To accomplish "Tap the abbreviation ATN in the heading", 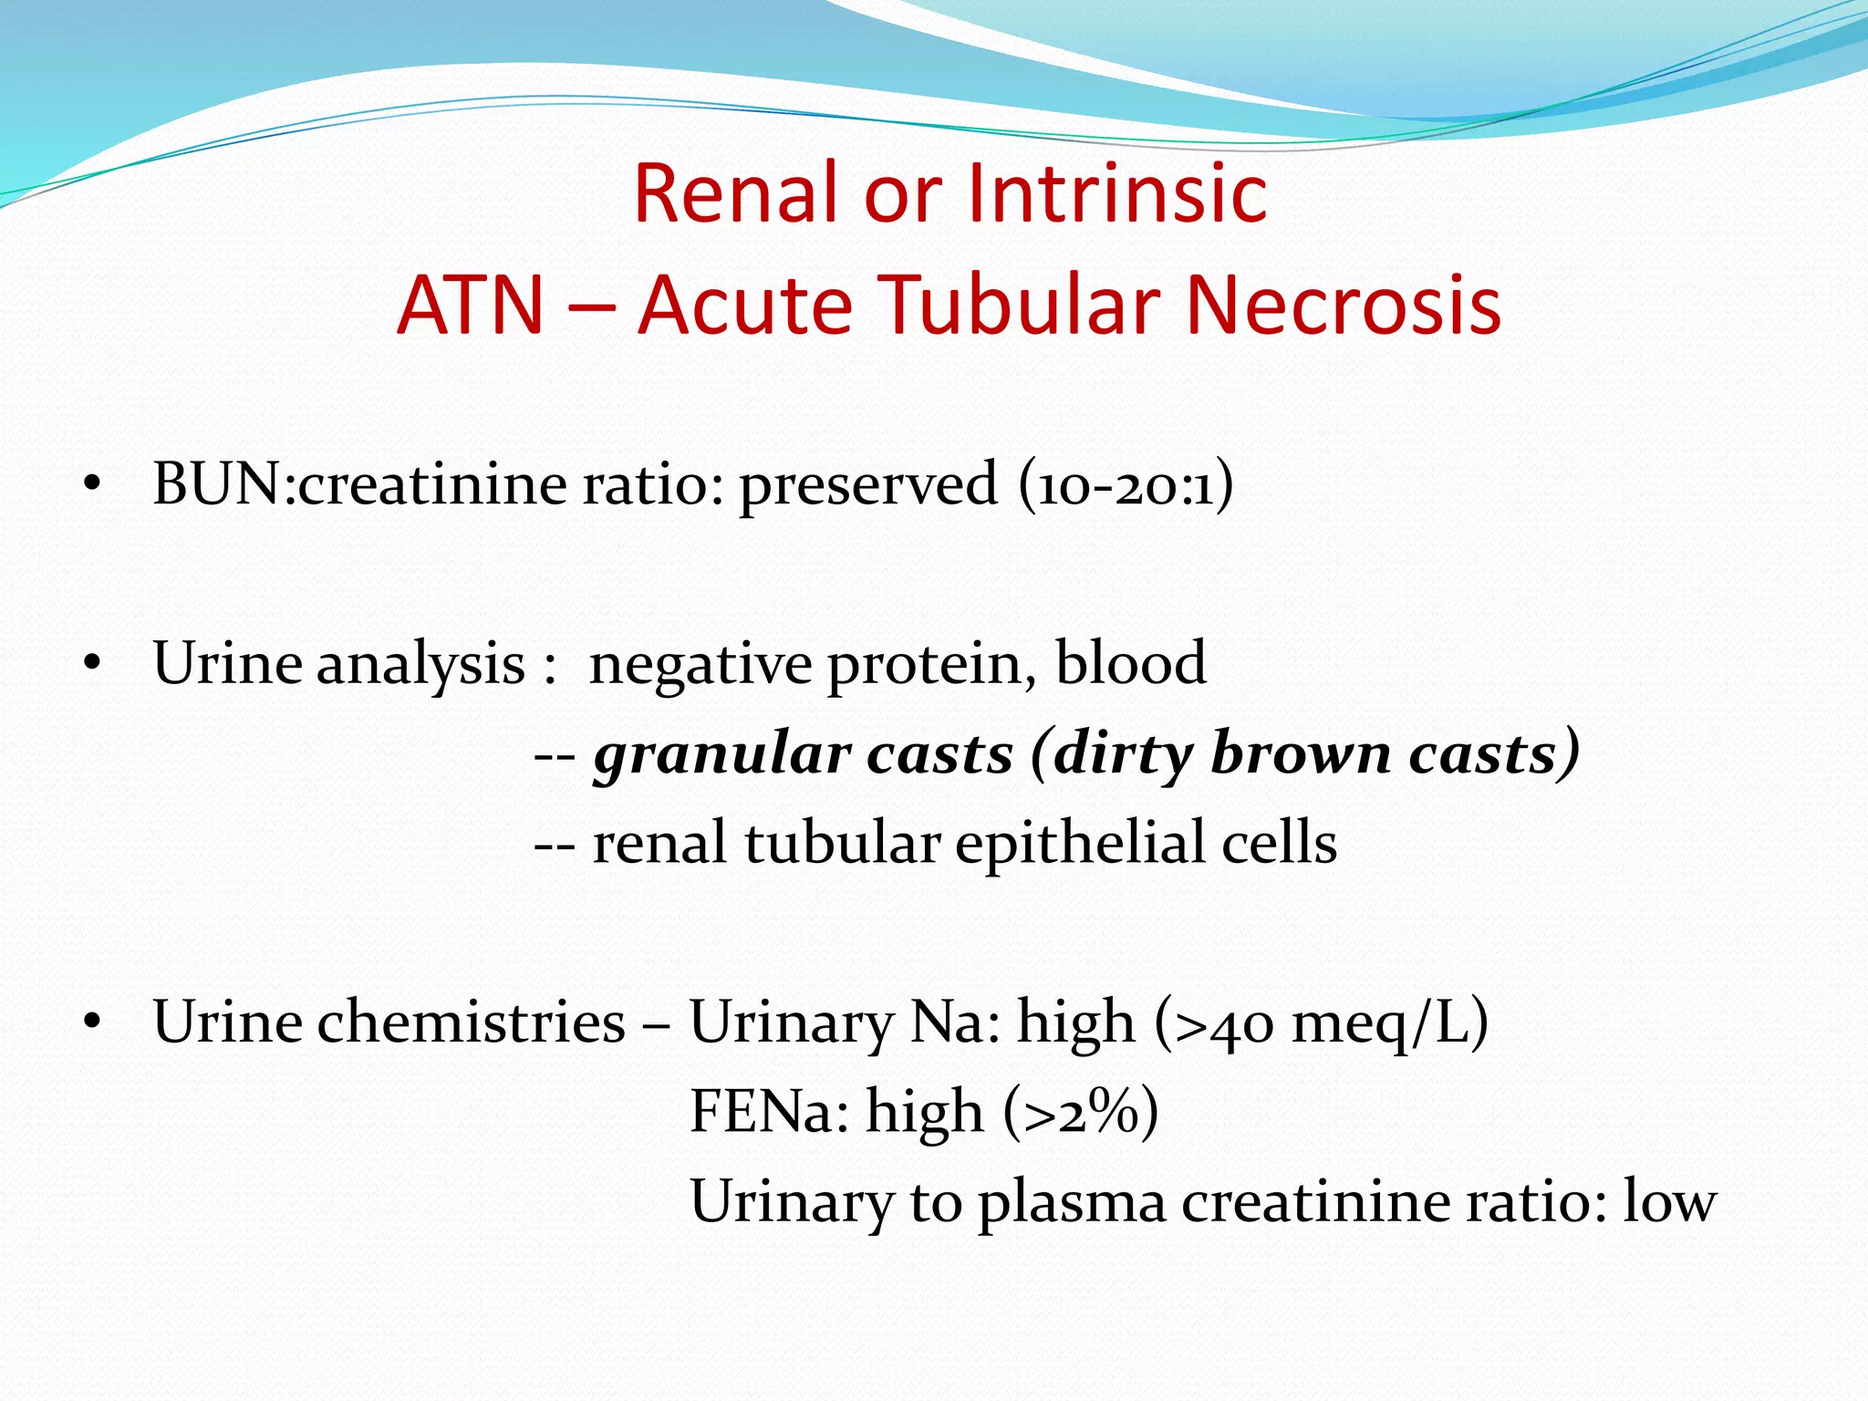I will (471, 305).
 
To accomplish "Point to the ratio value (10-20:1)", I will (1126, 484).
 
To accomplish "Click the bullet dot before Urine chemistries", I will (90, 1023).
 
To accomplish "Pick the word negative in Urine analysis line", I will (700, 664).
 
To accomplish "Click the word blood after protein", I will (1130, 662).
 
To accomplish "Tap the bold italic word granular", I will (721, 755).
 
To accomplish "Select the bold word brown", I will (1299, 753).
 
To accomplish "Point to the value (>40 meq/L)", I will (1322, 1022).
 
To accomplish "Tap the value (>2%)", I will (1081, 1112).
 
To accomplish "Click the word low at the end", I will (1669, 1201).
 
